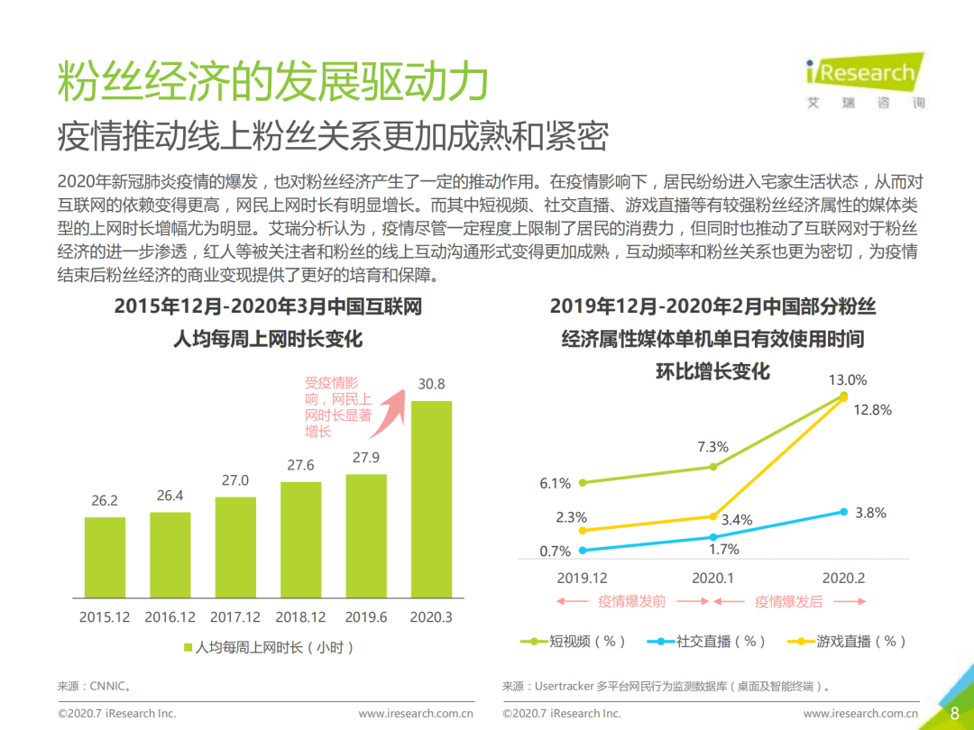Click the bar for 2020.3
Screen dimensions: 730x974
pyautogui.click(x=431, y=499)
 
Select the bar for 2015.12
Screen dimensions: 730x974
pyautogui.click(x=105, y=558)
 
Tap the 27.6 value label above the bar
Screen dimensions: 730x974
pyautogui.click(x=300, y=465)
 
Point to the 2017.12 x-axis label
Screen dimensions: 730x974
pyautogui.click(x=234, y=617)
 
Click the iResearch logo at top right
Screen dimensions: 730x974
pyautogui.click(x=864, y=81)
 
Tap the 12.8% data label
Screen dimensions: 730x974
pyautogui.click(x=872, y=410)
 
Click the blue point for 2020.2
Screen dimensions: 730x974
pyautogui.click(x=844, y=511)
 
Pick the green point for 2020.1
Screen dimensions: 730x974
pyautogui.click(x=713, y=466)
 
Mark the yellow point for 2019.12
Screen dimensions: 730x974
pyautogui.click(x=583, y=530)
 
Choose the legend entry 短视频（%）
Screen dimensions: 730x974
pyautogui.click(x=574, y=642)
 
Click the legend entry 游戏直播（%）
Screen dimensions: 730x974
pyautogui.click(x=847, y=642)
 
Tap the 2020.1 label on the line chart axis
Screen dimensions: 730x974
pyautogui.click(x=713, y=578)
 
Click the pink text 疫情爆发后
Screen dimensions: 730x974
pyautogui.click(x=788, y=601)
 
